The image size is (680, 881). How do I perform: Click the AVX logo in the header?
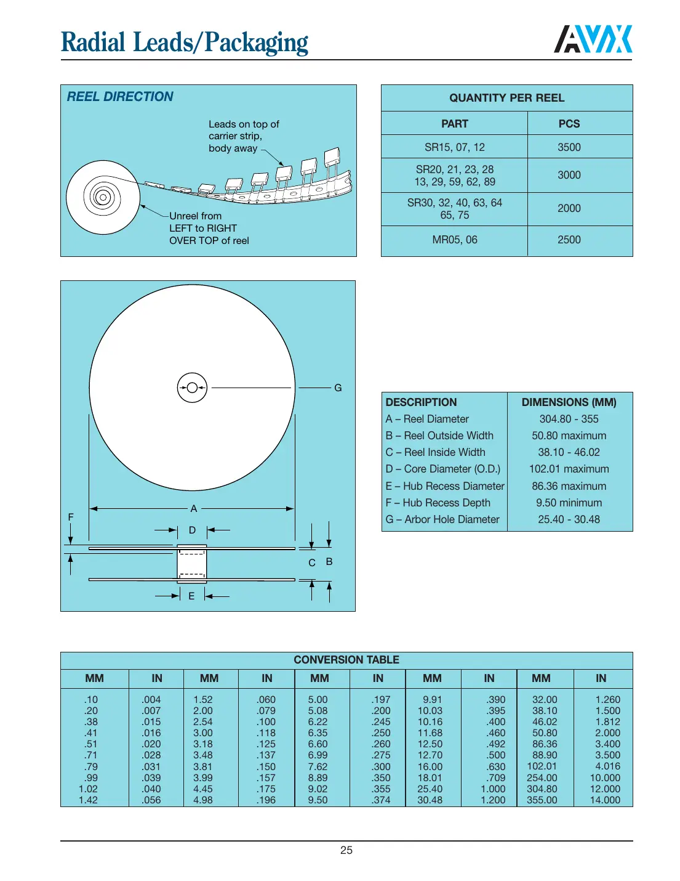click(593, 39)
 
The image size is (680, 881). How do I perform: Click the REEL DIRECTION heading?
click(120, 97)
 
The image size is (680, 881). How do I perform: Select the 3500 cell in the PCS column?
click(569, 147)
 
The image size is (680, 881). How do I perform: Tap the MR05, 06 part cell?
click(454, 240)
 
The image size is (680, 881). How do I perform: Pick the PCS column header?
click(569, 124)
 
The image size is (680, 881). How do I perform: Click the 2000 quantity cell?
click(569, 208)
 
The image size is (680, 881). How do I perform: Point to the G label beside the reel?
click(338, 388)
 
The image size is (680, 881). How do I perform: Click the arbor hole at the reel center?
click(192, 388)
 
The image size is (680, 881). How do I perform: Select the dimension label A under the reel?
click(193, 509)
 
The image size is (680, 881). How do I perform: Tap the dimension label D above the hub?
click(192, 530)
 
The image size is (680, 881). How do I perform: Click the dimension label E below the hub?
click(191, 596)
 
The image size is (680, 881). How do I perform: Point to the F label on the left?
click(71, 517)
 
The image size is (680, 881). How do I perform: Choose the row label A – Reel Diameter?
click(427, 419)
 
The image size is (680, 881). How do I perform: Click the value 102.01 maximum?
click(569, 469)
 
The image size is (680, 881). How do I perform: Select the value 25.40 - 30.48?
click(569, 519)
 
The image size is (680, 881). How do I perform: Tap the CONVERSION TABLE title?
click(346, 660)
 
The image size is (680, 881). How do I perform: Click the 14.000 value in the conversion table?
click(605, 800)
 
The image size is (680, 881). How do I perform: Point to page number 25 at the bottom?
click(346, 850)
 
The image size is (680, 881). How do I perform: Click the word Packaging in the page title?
click(256, 43)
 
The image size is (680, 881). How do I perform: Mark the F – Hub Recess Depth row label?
click(438, 503)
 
